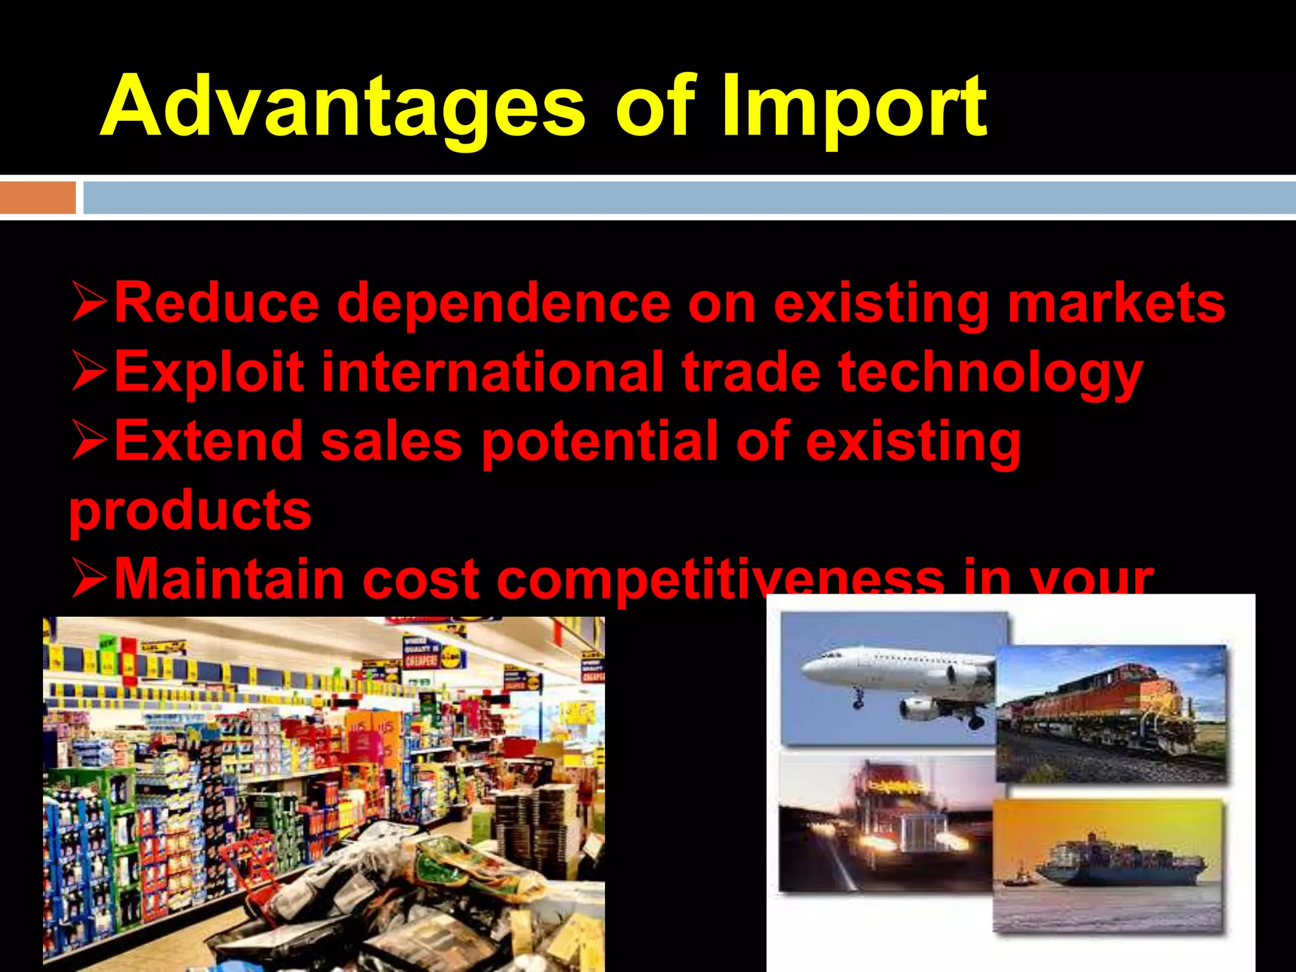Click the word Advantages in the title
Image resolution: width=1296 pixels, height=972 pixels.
[x=342, y=108]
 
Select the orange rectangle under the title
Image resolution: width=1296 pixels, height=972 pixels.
[x=37, y=197]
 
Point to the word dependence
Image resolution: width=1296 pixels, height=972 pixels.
[x=503, y=304]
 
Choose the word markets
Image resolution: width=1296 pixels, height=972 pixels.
[x=1116, y=304]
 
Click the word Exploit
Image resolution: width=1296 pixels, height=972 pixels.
[x=209, y=372]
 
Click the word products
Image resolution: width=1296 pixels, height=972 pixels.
[x=190, y=511]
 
